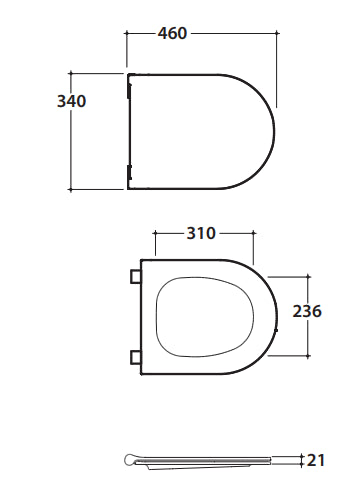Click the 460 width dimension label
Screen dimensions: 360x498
[172, 33]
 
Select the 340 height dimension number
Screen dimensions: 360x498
[72, 101]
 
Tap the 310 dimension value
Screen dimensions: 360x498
[201, 233]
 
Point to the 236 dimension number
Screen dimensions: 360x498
[307, 311]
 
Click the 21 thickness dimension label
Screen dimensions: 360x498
[315, 460]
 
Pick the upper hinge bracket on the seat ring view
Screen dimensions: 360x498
[135, 276]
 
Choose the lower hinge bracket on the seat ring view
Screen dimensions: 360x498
[135, 357]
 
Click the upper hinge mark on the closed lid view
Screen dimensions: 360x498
[130, 90]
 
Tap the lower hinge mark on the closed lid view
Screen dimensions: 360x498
[130, 172]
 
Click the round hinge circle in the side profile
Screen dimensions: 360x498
[130, 460]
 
